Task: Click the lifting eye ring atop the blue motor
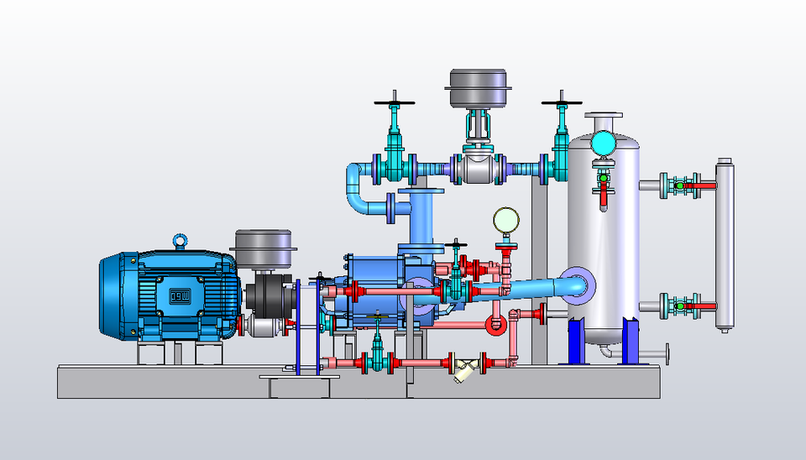click(180, 242)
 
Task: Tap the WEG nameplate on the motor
click(181, 295)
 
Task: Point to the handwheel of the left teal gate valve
click(395, 103)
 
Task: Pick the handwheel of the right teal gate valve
click(561, 103)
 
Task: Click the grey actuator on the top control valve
click(476, 87)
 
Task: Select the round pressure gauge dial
click(505, 220)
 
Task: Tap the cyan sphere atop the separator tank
click(602, 144)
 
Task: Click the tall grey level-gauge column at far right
click(724, 243)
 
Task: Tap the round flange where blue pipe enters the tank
click(580, 284)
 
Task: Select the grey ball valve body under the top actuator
click(478, 169)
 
